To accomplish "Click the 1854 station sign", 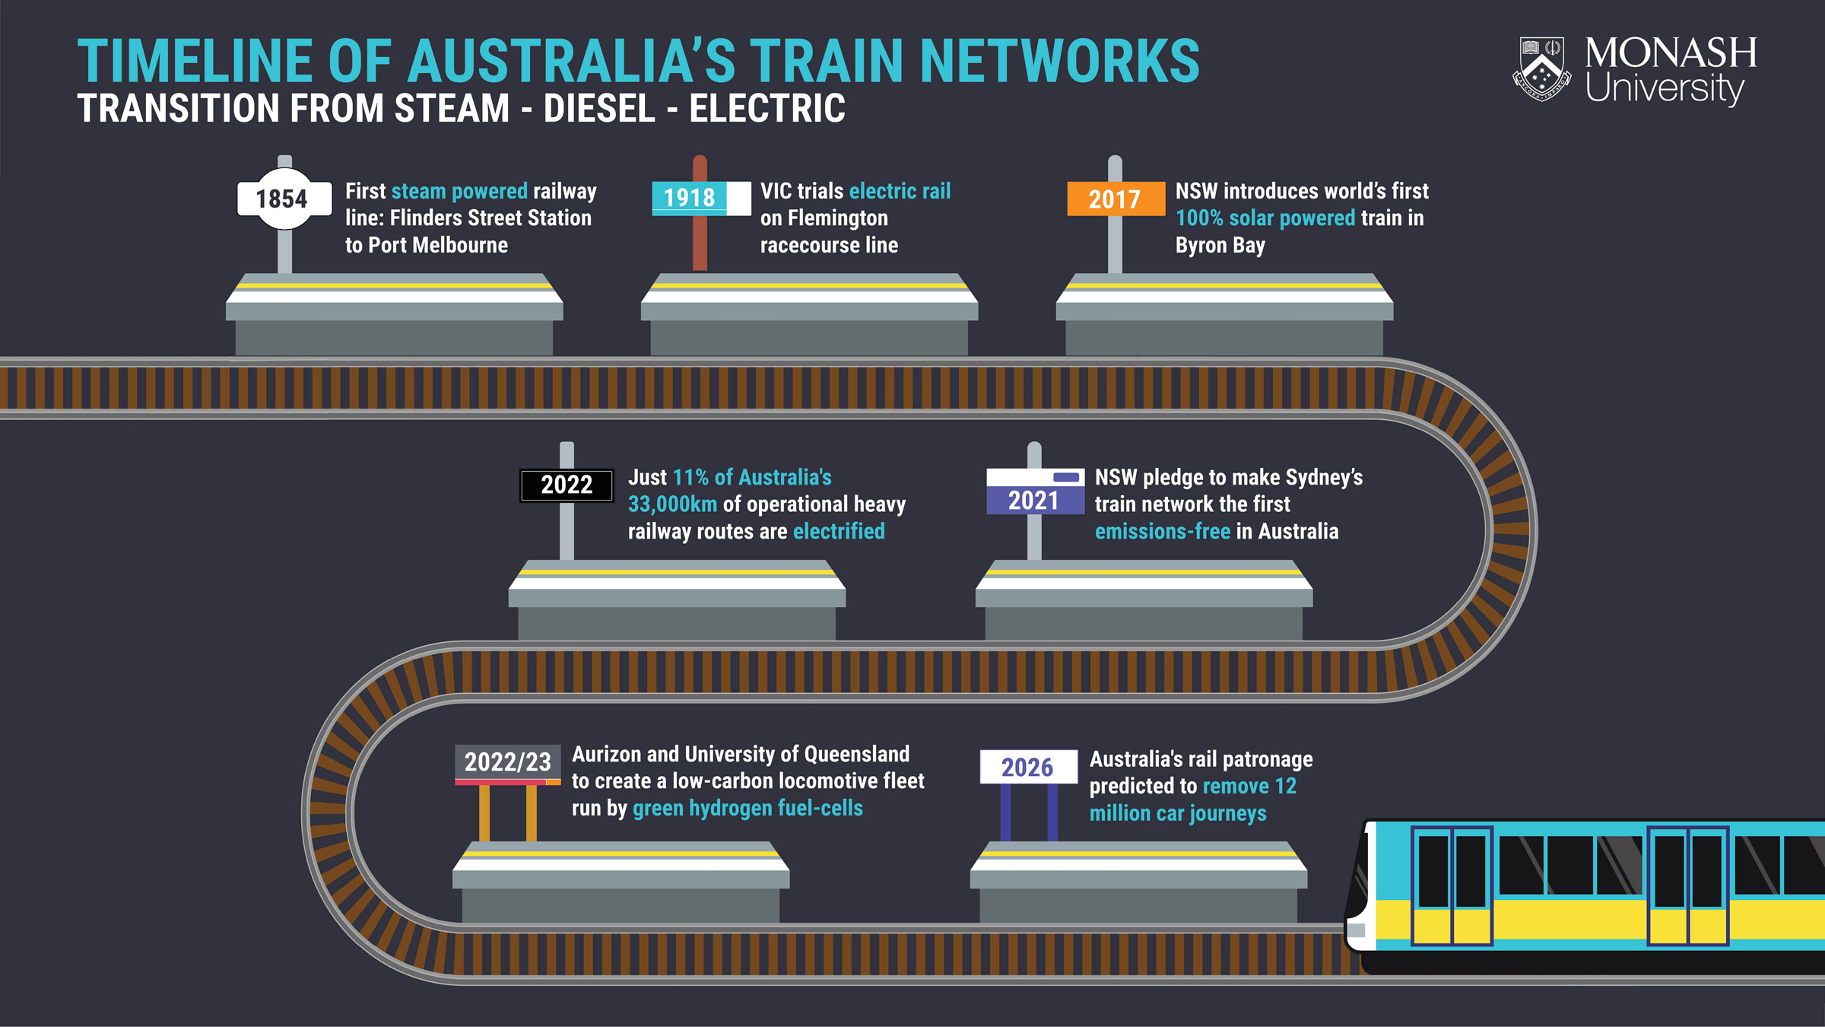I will pyautogui.click(x=283, y=199).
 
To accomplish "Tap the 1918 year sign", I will pyautogui.click(x=690, y=198).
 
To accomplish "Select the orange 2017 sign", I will pyautogui.click(x=1115, y=199).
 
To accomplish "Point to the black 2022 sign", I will pyautogui.click(x=567, y=485).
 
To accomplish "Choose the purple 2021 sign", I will pyautogui.click(x=1034, y=500).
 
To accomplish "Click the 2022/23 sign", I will pyautogui.click(x=507, y=762).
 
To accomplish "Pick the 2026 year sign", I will pyautogui.click(x=1027, y=767).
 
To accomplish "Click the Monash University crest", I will pyautogui.click(x=1541, y=68).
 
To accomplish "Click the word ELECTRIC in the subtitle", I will pyautogui.click(x=767, y=108).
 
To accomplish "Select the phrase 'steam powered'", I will pyautogui.click(x=459, y=191).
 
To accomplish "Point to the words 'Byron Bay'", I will pyautogui.click(x=1220, y=245).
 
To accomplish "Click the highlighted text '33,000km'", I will pyautogui.click(x=672, y=504).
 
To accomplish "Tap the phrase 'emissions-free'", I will pyautogui.click(x=1162, y=531).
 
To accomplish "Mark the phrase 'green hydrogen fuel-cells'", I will pyautogui.click(x=747, y=808).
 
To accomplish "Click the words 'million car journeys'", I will pyautogui.click(x=1178, y=813).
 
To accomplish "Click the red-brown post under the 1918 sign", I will pyautogui.click(x=700, y=243).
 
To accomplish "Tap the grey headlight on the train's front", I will pyautogui.click(x=1357, y=930).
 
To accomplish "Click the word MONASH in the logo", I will pyautogui.click(x=1670, y=53).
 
